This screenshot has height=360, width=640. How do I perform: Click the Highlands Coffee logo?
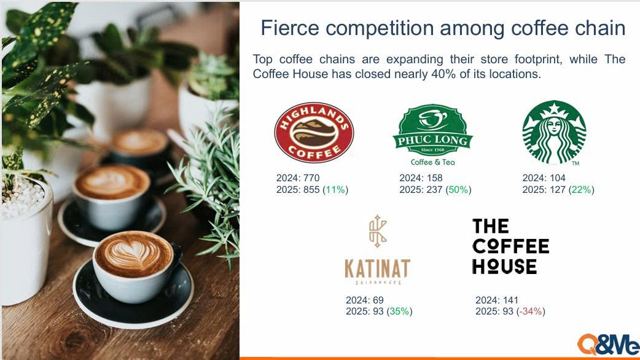[x=314, y=133]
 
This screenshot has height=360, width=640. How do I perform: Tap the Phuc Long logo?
[x=432, y=135]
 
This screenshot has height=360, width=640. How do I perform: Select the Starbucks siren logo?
[x=554, y=132]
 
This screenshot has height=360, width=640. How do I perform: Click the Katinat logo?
[x=377, y=249]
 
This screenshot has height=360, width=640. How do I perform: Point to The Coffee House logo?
[x=510, y=246]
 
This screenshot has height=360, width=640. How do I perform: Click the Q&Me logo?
[x=608, y=345]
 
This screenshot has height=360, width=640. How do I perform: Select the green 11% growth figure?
[x=335, y=190]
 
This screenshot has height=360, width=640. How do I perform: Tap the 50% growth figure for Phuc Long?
[x=458, y=190]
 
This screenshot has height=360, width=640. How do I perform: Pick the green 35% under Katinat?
[x=399, y=311]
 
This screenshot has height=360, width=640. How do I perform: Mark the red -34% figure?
[x=531, y=311]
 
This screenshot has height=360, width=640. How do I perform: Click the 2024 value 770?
[x=311, y=178]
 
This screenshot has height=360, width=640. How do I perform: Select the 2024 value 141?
[x=510, y=300]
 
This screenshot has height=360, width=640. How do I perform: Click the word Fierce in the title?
[x=290, y=28]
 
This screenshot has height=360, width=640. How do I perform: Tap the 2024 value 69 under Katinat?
[x=378, y=300]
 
